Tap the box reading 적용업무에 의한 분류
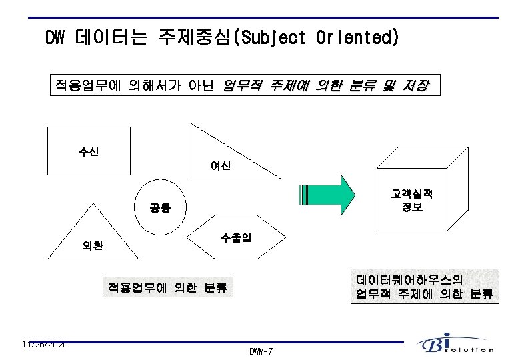[x=167, y=287]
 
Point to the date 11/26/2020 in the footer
[x=44, y=344]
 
